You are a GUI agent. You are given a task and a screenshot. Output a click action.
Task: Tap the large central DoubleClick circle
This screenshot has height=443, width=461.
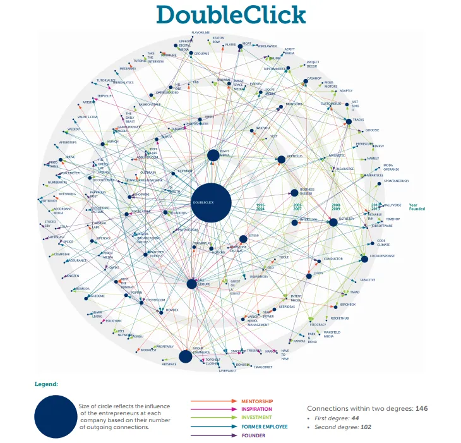coord(212,202)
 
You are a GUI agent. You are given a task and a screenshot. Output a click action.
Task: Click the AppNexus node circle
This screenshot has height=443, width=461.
coord(282,159)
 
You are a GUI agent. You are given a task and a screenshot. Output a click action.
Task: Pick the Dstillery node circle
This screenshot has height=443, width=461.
coord(333,222)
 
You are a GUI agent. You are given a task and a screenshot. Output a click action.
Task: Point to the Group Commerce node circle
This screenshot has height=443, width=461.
coord(185,356)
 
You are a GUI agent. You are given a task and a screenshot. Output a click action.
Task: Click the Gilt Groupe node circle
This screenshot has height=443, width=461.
coord(191,284)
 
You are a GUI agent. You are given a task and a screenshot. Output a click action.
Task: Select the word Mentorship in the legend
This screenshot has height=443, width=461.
coord(257,401)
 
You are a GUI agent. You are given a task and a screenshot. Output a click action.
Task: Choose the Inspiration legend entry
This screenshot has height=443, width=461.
coord(257,409)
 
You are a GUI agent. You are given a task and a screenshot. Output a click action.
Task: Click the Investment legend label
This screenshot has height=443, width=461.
coord(256,417)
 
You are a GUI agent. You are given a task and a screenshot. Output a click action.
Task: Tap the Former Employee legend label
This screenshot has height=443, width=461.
coord(264,427)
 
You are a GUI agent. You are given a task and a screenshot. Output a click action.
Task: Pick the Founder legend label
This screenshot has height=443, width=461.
coord(253,435)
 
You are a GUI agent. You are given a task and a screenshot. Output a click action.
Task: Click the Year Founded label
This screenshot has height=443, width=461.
coord(417,207)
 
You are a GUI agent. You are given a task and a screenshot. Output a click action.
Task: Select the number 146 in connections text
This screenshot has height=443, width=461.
coord(421,409)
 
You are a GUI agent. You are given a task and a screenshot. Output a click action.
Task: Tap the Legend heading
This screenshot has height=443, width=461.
coord(46,383)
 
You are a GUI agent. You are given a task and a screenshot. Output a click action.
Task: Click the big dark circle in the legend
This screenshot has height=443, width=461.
coord(55,416)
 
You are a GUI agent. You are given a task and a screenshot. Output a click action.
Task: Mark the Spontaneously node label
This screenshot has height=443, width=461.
coord(396,181)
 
